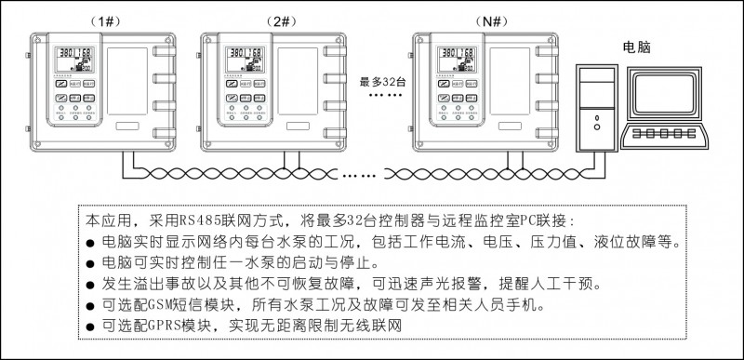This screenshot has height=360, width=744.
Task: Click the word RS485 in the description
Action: (x=198, y=222)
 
